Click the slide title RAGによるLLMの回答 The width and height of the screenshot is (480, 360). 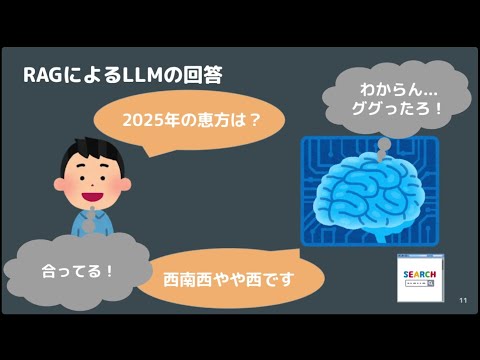tap(122, 74)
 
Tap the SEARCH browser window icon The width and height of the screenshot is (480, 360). tap(420, 278)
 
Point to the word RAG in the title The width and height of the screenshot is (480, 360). tap(45, 74)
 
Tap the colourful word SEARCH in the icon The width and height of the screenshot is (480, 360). tap(419, 273)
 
